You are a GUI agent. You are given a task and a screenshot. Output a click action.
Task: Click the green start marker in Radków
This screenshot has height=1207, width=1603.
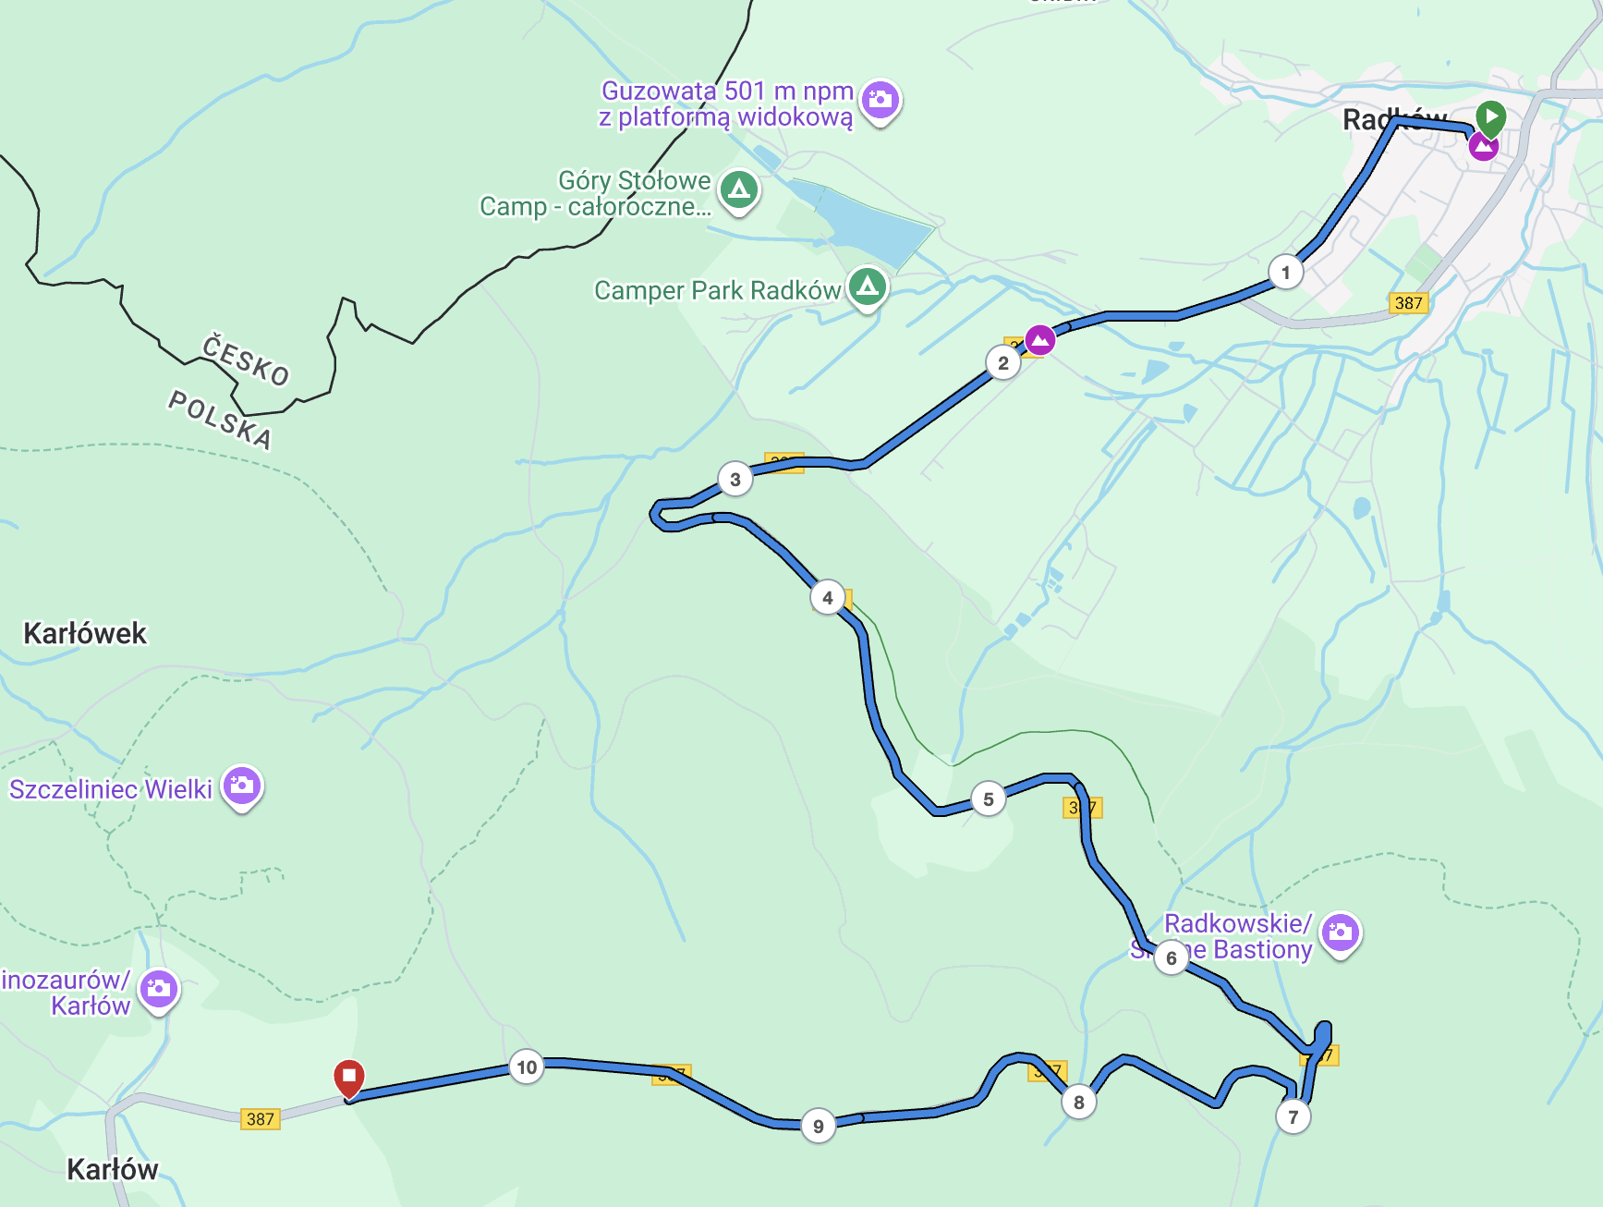[1490, 117]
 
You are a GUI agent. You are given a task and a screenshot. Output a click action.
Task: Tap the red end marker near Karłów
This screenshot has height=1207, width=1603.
[349, 1077]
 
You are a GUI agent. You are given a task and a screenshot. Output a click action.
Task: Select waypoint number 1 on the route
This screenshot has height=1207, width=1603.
[1285, 272]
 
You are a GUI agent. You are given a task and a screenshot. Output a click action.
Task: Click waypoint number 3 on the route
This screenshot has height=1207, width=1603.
[735, 479]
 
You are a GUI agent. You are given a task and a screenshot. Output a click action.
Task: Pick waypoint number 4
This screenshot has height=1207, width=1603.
[827, 597]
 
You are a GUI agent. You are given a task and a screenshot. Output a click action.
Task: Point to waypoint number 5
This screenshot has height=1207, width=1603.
[988, 799]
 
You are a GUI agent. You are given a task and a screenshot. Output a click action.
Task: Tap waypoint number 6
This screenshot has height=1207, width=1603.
[1171, 957]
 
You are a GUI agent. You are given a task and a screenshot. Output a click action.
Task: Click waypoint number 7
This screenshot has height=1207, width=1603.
[1293, 1116]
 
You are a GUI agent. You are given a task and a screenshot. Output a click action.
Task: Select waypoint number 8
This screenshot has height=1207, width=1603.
[1078, 1102]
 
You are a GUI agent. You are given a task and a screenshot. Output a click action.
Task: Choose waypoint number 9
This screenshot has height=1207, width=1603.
[818, 1126]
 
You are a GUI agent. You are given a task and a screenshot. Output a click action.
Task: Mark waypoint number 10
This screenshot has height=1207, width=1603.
[526, 1067]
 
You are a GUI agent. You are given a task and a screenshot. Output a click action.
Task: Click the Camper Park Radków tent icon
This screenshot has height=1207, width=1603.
[867, 287]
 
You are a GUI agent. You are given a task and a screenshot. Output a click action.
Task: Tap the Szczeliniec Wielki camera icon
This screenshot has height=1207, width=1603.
[242, 786]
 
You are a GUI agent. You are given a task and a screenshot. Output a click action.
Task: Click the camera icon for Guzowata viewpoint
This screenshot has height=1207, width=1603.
[880, 99]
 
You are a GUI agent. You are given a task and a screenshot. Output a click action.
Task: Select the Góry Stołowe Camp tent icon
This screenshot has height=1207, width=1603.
[738, 189]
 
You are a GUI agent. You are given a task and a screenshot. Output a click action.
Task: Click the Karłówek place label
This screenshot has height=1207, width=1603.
[85, 633]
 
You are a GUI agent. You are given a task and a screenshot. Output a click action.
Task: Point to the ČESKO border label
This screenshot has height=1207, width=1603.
[246, 360]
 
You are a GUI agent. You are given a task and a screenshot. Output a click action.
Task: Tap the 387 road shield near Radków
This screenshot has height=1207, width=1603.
[1408, 302]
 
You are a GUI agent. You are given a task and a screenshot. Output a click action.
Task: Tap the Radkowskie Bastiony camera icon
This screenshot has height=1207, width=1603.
[1340, 933]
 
